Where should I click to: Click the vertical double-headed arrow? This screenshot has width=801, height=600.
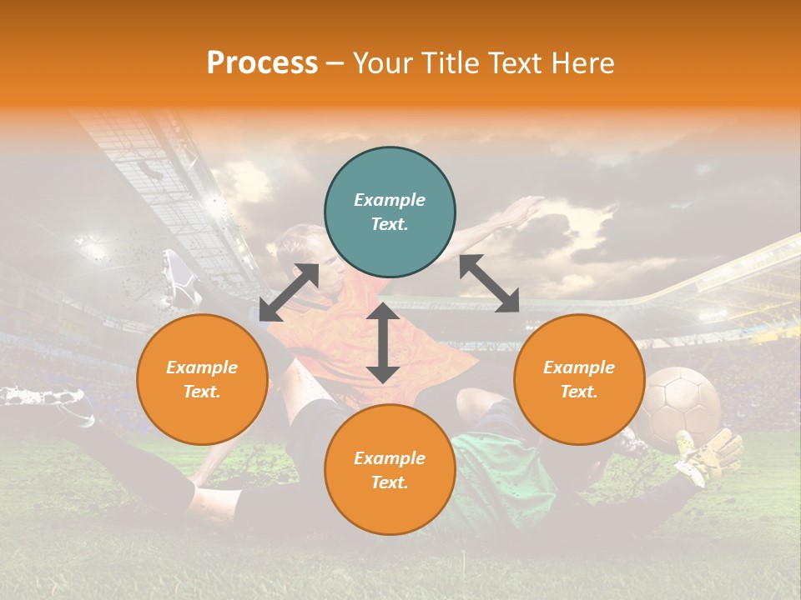pos(383,342)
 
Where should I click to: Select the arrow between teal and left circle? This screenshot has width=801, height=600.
pos(289,292)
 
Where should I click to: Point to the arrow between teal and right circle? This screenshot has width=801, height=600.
pos(489,283)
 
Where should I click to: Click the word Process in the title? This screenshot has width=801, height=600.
pos(262,62)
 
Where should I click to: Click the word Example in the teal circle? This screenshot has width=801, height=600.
pos(390,200)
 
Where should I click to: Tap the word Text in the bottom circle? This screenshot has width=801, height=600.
pos(390,482)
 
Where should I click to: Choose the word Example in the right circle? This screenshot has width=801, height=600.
pos(579,367)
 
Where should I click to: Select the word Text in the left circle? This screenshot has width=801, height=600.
pos(202,392)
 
